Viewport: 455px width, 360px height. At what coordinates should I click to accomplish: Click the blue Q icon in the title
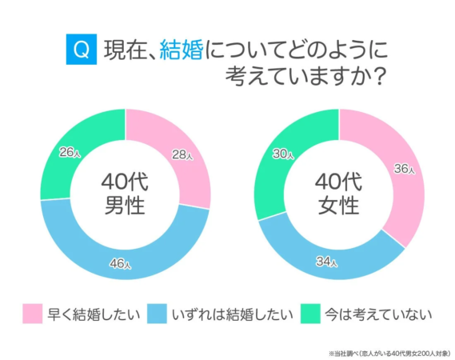click(x=78, y=50)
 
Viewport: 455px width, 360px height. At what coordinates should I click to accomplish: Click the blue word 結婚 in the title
click(x=182, y=50)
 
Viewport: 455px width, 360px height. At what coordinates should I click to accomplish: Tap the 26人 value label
click(x=70, y=152)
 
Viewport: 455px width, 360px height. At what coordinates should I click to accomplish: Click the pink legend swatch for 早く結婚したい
click(x=31, y=314)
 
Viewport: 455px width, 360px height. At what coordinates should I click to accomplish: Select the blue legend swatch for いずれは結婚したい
click(x=158, y=314)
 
